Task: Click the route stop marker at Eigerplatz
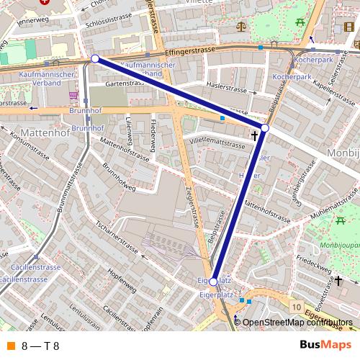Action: click(x=212, y=282)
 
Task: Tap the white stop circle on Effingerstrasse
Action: click(x=95, y=58)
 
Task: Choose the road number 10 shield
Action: click(x=297, y=307)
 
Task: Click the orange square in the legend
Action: click(x=10, y=346)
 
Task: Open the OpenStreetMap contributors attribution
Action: click(x=297, y=323)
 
